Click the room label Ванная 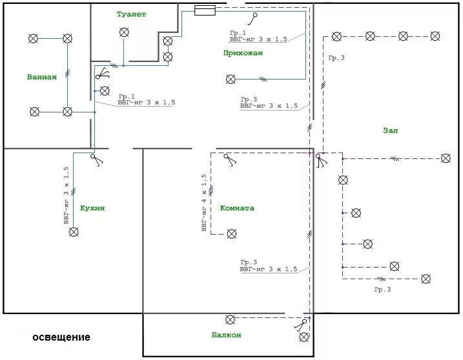pyautogui.click(x=42, y=77)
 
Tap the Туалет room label pyautogui.click(x=132, y=14)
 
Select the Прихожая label pyautogui.click(x=243, y=53)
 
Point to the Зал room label pyautogui.click(x=390, y=130)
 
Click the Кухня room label pyautogui.click(x=92, y=208)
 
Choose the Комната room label pyautogui.click(x=237, y=208)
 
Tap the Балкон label pyautogui.click(x=226, y=335)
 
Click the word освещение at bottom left pyautogui.click(x=61, y=337)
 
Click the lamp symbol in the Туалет pyautogui.click(x=123, y=33)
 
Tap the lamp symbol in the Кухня pyautogui.click(x=74, y=231)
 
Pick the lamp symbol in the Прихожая pyautogui.click(x=231, y=79)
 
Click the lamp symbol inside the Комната pyautogui.click(x=231, y=234)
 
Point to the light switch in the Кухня pyautogui.click(x=96, y=159)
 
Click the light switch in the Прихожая pyautogui.click(x=257, y=17)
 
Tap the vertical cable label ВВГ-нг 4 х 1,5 pyautogui.click(x=204, y=202)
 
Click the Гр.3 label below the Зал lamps pyautogui.click(x=382, y=290)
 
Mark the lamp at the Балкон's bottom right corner pyautogui.click(x=304, y=337)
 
